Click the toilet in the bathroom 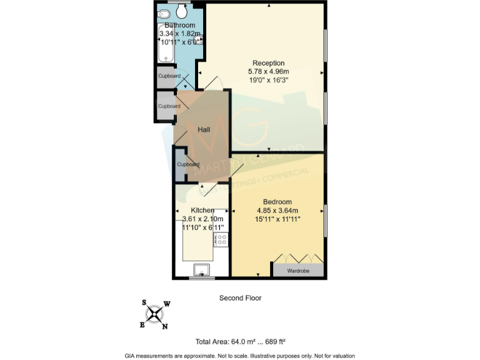pyautogui.click(x=182, y=11)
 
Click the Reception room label pyautogui.click(x=268, y=63)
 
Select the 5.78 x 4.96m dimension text pyautogui.click(x=268, y=72)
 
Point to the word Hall pyautogui.click(x=204, y=130)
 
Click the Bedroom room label pyautogui.click(x=277, y=202)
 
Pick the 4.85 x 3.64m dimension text pyautogui.click(x=277, y=211)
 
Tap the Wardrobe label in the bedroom pyautogui.click(x=297, y=271)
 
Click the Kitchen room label pyautogui.click(x=202, y=211)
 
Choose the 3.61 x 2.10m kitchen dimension pyautogui.click(x=202, y=219)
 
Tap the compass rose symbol pyautogui.click(x=154, y=314)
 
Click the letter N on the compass pyautogui.click(x=165, y=326)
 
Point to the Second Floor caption pyautogui.click(x=240, y=298)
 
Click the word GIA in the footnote pyautogui.click(x=131, y=354)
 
